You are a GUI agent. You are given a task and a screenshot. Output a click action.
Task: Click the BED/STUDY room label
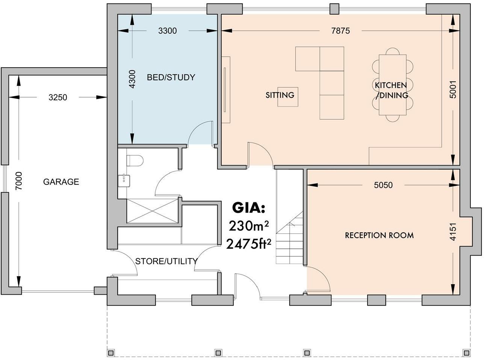[171, 77]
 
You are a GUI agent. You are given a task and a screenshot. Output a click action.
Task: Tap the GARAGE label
[61, 182]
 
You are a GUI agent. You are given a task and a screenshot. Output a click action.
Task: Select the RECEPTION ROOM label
[379, 235]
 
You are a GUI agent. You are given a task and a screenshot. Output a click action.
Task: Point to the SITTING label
[280, 95]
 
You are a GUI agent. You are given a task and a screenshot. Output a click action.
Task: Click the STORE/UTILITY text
[166, 261]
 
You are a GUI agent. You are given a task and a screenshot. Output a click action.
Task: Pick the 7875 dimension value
[340, 31]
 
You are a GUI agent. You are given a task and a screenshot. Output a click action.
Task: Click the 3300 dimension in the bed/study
[167, 31]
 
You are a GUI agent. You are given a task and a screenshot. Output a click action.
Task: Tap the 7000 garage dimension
[19, 181]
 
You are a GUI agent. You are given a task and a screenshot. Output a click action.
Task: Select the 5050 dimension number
[383, 185]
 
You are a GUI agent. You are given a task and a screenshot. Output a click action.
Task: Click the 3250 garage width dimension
[57, 98]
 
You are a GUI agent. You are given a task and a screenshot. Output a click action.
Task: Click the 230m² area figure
[249, 226]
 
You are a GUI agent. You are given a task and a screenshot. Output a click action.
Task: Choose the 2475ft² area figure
[249, 244]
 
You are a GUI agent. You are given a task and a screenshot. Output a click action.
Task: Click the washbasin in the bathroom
[124, 181]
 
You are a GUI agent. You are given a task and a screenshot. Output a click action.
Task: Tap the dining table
[393, 85]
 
